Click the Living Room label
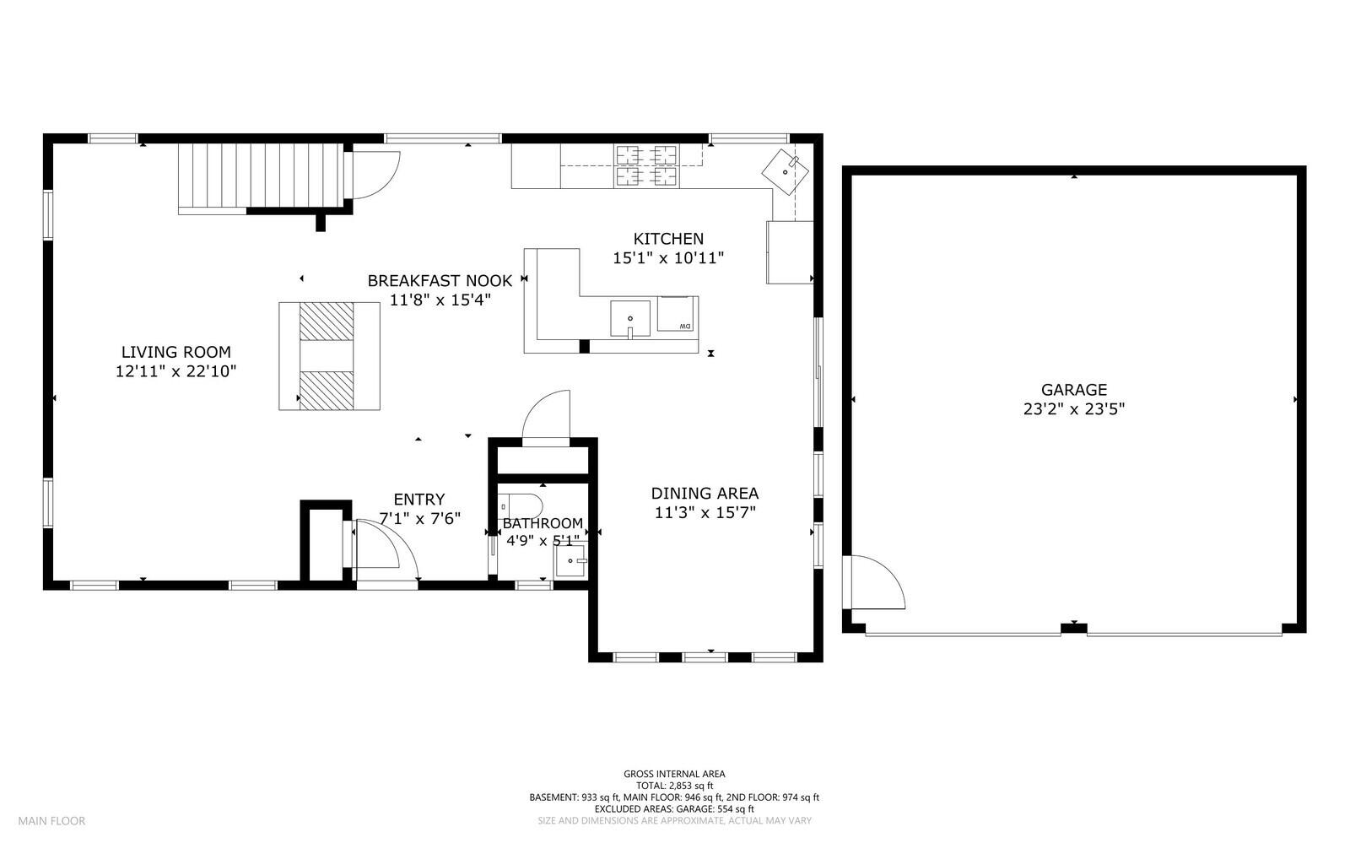pos(176,352)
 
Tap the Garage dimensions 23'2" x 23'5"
pos(1074,409)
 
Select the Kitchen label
pos(668,239)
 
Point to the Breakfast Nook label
pos(440,281)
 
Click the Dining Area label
pos(705,494)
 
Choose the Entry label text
pos(419,500)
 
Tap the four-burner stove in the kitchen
pos(646,165)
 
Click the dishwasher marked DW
pos(675,313)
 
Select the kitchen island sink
pos(630,319)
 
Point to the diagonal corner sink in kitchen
pos(786,172)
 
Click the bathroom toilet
pos(520,506)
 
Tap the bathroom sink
pos(570,560)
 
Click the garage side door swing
pos(874,582)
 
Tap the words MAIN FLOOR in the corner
pos(51,821)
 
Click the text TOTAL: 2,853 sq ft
pos(674,786)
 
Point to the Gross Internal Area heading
pos(674,775)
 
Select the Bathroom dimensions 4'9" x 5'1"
pos(543,541)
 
